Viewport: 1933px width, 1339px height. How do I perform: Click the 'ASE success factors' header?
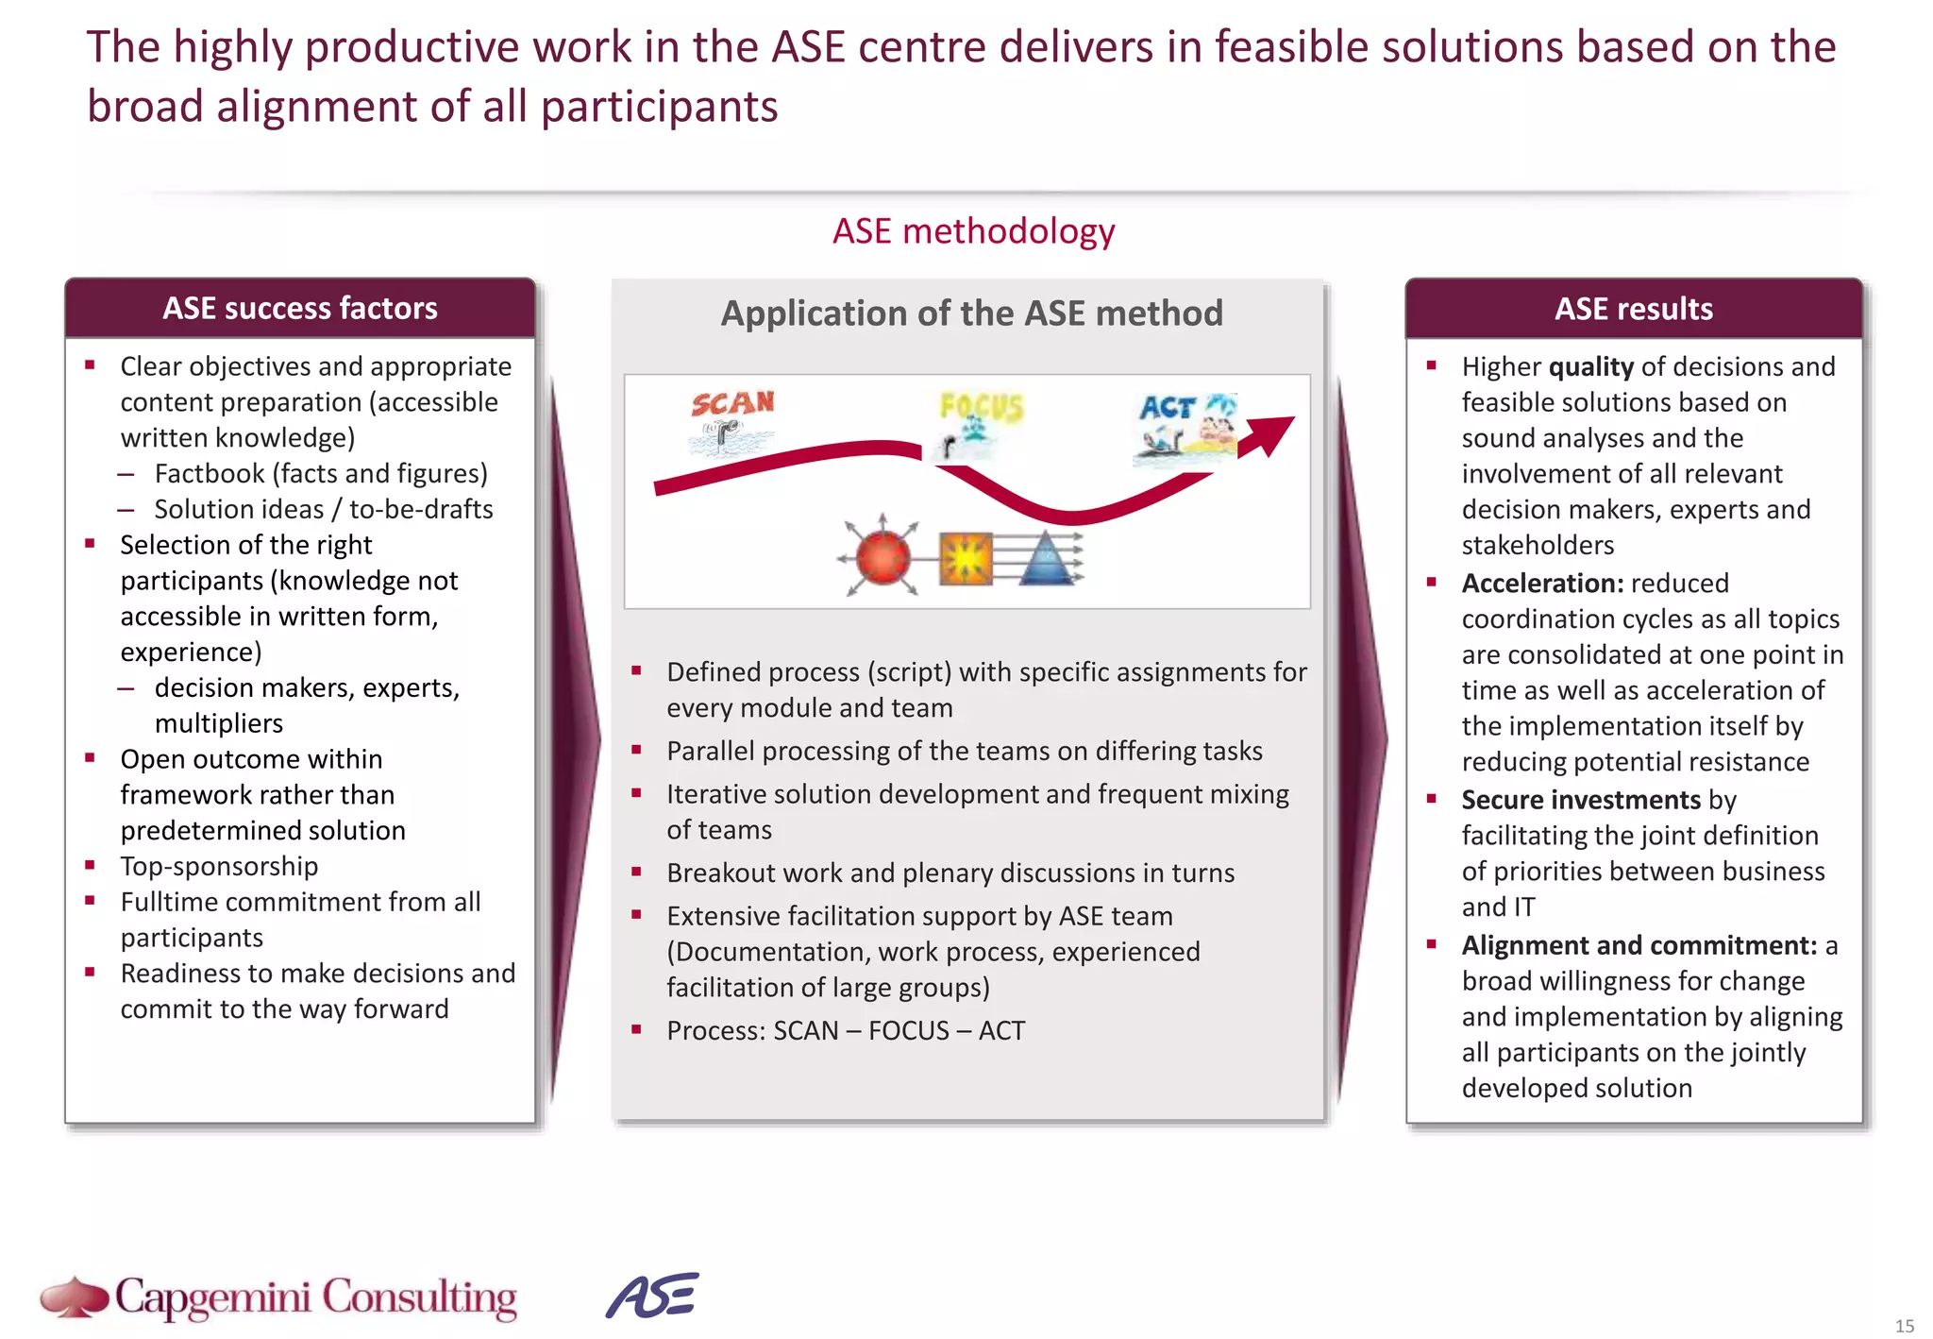[300, 308]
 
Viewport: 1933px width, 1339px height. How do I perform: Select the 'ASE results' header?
[1633, 309]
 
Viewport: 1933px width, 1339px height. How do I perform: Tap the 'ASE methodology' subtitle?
[973, 231]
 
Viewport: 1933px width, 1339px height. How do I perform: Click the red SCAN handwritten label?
[732, 404]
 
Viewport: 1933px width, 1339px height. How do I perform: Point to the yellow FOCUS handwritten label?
[981, 407]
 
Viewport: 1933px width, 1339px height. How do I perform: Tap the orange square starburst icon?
[966, 559]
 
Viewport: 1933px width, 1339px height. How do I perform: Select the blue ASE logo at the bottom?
[652, 1296]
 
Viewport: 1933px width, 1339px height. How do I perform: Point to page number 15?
[1904, 1326]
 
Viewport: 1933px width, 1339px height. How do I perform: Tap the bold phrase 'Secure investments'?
[1581, 800]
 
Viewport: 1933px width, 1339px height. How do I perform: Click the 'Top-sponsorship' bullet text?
[219, 866]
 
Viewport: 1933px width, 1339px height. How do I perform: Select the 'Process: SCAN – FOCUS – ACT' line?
[845, 1030]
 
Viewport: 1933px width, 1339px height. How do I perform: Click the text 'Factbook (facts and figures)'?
[321, 473]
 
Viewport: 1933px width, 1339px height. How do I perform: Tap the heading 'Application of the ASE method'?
[971, 314]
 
